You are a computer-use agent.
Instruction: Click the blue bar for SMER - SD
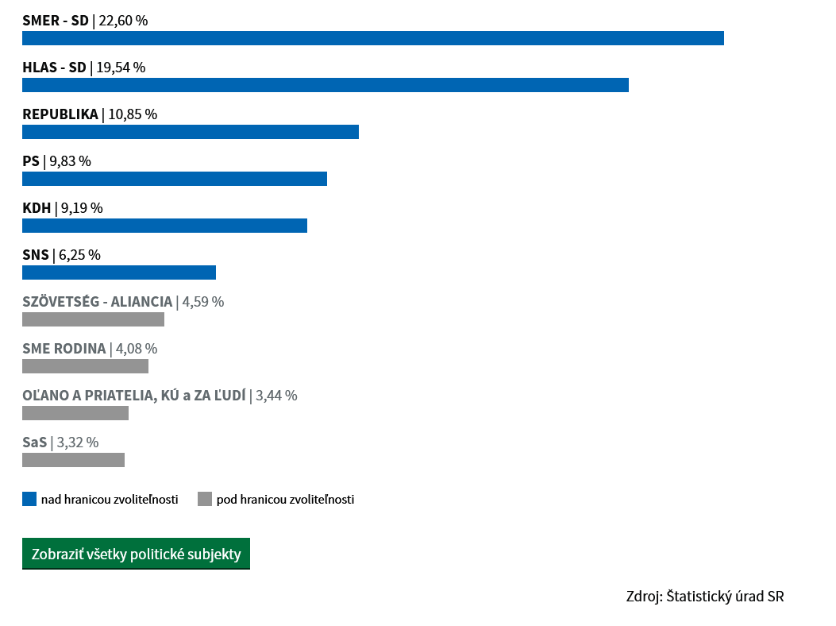(373, 38)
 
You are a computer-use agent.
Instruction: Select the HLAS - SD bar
(326, 85)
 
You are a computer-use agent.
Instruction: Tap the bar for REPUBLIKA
(191, 132)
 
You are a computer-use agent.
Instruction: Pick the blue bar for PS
(175, 179)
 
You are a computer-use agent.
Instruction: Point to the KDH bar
(165, 226)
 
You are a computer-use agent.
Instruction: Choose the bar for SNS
(119, 272)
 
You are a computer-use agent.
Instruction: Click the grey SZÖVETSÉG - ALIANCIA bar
(94, 319)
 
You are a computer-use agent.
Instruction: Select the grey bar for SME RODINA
(85, 366)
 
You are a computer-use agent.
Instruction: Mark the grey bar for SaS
(74, 460)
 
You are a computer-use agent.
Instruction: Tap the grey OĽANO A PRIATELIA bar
(75, 413)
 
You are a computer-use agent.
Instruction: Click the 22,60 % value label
(123, 21)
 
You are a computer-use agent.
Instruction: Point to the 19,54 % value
(121, 68)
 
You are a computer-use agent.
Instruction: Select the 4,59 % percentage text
(203, 302)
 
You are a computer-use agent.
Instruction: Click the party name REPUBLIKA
(60, 114)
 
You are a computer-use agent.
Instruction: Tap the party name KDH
(37, 208)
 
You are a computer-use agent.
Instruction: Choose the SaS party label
(35, 442)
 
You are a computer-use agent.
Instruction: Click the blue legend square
(29, 499)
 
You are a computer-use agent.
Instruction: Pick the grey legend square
(205, 499)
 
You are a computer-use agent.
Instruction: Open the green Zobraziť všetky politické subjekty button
(136, 554)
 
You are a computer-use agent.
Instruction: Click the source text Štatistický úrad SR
(725, 596)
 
